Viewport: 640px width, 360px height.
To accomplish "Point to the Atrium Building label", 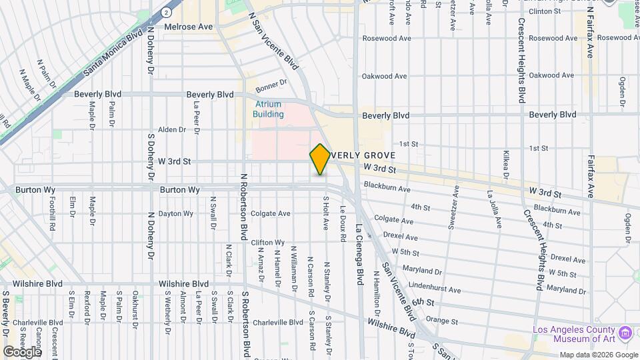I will click(x=269, y=109).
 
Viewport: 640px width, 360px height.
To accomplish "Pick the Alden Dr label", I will click(x=172, y=130).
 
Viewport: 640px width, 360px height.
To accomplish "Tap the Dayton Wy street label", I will click(x=176, y=214).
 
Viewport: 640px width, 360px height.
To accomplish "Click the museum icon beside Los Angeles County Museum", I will click(x=625, y=332).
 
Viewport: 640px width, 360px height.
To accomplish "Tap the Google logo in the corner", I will click(x=22, y=351).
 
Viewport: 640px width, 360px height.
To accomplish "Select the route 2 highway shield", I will click(x=166, y=12).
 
